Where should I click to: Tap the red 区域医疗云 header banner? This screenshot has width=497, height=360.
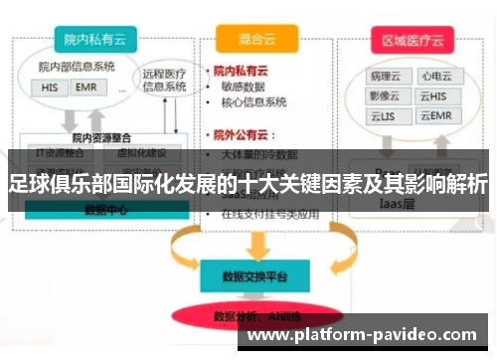pos(411,41)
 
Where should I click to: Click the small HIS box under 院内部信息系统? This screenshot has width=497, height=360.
pos(51,87)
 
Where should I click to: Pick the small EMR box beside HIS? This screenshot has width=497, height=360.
pos(84,87)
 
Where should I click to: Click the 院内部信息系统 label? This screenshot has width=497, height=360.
pos(77,68)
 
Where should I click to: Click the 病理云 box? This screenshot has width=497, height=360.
pos(385,75)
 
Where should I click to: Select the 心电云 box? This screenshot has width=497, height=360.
pos(433,75)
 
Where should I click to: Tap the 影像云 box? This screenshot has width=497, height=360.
pos(385,95)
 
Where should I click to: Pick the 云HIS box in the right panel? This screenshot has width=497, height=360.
pos(433,95)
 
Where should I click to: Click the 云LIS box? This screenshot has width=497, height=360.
pos(385,116)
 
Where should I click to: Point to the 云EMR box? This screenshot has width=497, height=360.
pos(433,116)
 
